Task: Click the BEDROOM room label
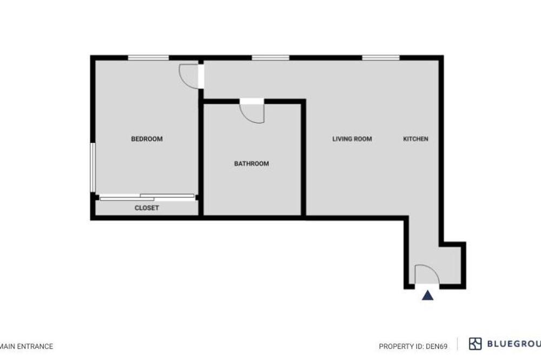147,139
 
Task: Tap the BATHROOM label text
252,163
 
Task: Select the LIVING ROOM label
352,139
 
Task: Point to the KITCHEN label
415,139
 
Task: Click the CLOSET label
147,208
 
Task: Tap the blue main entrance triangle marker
427,295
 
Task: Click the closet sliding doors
147,197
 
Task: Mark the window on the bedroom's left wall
93,168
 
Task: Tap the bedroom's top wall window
148,58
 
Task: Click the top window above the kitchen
380,58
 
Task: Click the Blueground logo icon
475,344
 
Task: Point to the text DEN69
437,346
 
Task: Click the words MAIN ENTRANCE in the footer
27,346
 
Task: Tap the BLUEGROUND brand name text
514,344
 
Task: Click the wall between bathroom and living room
304,158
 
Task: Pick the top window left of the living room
270,58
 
